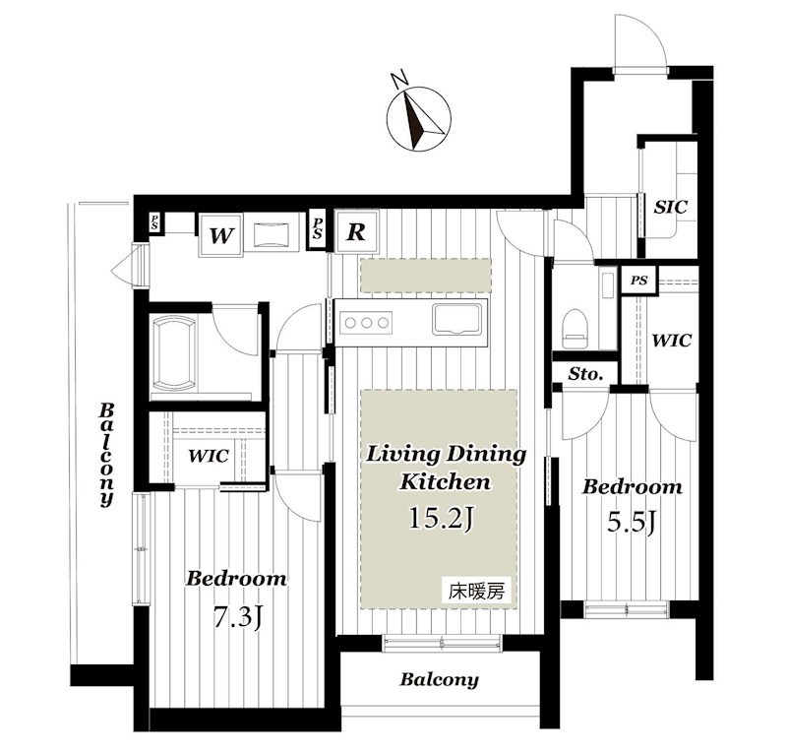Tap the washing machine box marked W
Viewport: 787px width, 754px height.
coord(220,234)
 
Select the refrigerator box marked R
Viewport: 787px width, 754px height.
coord(356,232)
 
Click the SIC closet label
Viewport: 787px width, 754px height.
coord(670,207)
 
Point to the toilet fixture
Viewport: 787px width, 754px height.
coord(575,328)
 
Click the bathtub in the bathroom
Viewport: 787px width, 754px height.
coord(173,353)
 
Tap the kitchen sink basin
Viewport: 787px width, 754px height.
coord(457,320)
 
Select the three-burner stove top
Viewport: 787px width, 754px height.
coord(366,323)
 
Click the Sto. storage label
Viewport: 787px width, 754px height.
coord(585,374)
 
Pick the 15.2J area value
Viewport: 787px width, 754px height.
coord(441,518)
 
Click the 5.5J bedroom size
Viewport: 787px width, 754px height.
coord(631,523)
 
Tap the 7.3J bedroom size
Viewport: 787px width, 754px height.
coord(236,617)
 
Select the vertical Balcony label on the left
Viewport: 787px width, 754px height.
coord(106,454)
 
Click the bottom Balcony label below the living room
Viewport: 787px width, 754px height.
coord(439,680)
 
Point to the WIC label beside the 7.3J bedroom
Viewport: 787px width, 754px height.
coord(209,456)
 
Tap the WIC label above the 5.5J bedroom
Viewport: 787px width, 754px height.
coord(672,340)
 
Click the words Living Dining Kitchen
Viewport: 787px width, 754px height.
coord(446,468)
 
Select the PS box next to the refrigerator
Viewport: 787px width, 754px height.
coord(317,228)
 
